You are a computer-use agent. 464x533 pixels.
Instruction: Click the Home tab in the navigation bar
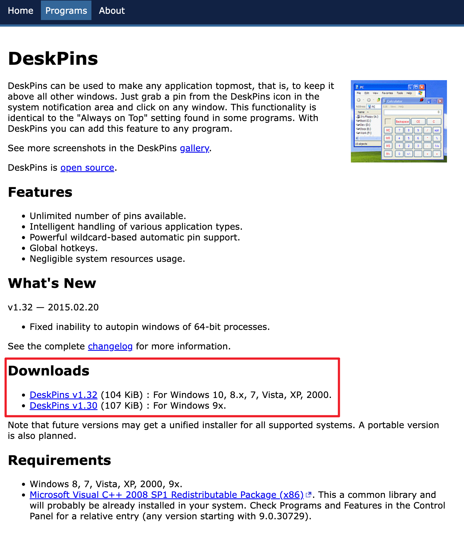click(x=21, y=11)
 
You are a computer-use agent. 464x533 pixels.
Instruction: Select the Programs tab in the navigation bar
click(x=66, y=11)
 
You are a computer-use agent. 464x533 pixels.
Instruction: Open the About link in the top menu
click(x=112, y=11)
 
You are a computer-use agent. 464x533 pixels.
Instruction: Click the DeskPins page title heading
click(x=53, y=59)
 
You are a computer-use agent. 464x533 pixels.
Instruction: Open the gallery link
click(x=194, y=148)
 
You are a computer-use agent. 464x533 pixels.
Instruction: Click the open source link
click(x=87, y=168)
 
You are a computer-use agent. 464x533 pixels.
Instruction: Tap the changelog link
click(x=110, y=346)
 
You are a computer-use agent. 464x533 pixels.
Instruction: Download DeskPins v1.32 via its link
click(x=63, y=395)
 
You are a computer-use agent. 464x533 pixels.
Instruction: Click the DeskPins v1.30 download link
click(x=63, y=406)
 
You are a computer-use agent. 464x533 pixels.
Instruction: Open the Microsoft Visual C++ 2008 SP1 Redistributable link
click(x=166, y=495)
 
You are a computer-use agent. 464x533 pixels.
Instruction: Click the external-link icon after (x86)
click(x=308, y=495)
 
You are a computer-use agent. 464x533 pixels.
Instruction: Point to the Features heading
click(x=40, y=192)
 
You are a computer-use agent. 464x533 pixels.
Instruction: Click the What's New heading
click(x=52, y=283)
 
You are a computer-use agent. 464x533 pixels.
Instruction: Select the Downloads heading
click(x=49, y=371)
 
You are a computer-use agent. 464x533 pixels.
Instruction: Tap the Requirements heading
click(x=60, y=460)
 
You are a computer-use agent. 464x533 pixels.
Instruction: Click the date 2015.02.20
click(x=73, y=307)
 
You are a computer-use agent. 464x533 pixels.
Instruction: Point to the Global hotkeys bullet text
click(x=64, y=248)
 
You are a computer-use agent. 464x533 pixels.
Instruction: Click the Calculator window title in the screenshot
click(x=395, y=101)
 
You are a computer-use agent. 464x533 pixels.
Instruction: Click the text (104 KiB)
click(x=122, y=395)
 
